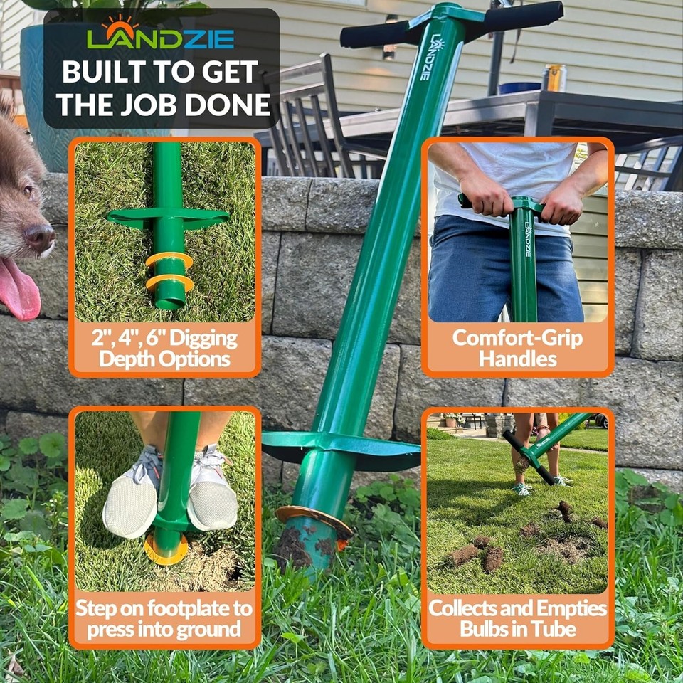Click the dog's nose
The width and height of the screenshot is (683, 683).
tap(41, 237)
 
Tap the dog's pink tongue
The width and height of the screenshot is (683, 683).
tap(19, 289)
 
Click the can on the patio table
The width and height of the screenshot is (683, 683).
tap(554, 78)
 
